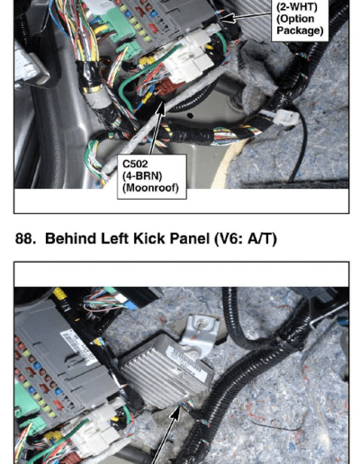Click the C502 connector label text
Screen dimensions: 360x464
(x=135, y=164)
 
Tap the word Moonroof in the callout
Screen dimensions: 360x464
(x=150, y=188)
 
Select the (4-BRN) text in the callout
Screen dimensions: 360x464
(x=142, y=175)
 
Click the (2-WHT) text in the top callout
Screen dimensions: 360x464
(x=297, y=6)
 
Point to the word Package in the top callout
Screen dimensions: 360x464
(x=300, y=31)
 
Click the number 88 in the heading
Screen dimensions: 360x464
(x=23, y=238)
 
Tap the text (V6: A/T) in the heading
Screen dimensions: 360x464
(x=246, y=239)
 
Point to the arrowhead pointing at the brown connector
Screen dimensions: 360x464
(x=161, y=108)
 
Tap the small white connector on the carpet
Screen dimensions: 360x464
(x=285, y=118)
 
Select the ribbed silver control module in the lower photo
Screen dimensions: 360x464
(x=166, y=371)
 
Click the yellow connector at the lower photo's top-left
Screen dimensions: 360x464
(x=59, y=294)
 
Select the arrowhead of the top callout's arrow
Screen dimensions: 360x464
(x=229, y=18)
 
